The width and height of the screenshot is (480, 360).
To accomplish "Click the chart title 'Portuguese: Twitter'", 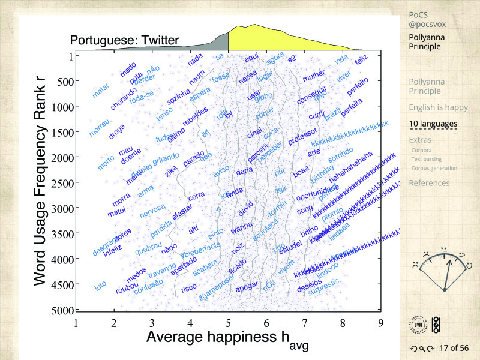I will (x=124, y=41).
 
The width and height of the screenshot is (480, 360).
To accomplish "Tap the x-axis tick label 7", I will (x=304, y=323).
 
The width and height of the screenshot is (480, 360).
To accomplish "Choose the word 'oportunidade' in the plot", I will (x=318, y=191).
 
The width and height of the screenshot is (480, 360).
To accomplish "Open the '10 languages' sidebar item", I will (x=433, y=124).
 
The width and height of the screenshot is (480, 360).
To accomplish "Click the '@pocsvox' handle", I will (x=427, y=24).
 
